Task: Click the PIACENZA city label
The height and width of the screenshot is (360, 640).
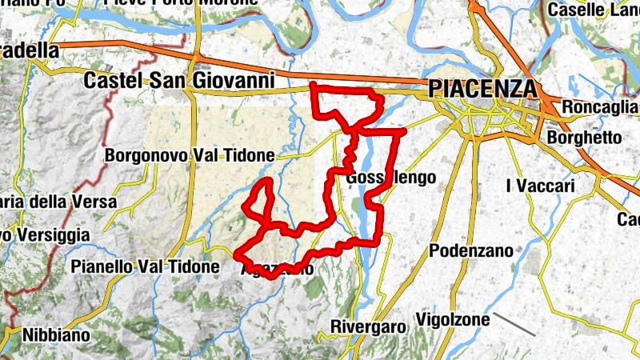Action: [x=482, y=88]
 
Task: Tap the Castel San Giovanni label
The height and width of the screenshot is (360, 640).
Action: [x=180, y=80]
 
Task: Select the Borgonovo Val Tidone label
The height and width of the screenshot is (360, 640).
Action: [x=190, y=154]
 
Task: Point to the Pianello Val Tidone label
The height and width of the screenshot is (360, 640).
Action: [x=145, y=266]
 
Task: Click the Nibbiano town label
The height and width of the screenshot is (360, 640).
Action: [x=56, y=335]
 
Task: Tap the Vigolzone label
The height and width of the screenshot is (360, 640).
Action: [x=453, y=321]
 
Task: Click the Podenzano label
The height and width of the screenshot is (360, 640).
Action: [x=471, y=250]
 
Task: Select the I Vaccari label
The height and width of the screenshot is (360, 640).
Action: [x=541, y=186]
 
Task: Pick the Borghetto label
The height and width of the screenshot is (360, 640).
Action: [x=584, y=138]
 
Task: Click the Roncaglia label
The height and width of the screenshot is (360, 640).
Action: [x=600, y=107]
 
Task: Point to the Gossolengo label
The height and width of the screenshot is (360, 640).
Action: [x=392, y=178]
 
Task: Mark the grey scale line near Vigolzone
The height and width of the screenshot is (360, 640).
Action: [x=514, y=323]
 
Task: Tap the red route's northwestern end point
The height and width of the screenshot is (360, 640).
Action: [x=312, y=85]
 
